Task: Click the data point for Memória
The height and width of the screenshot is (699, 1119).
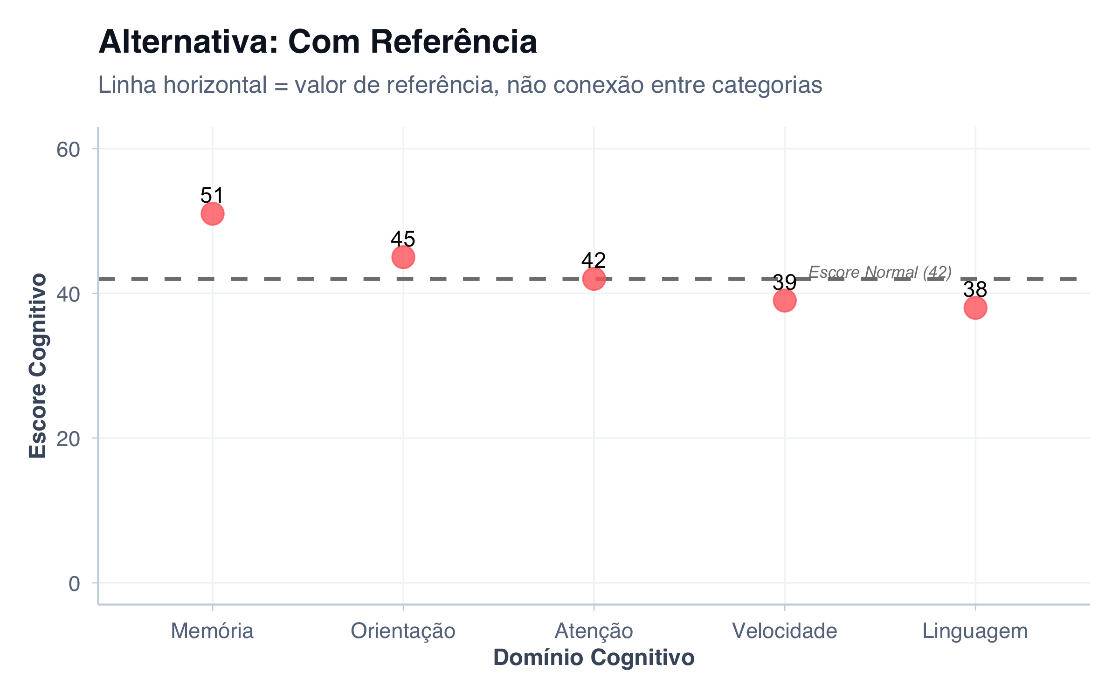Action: click(x=213, y=214)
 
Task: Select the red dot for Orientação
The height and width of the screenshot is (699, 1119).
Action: click(x=403, y=257)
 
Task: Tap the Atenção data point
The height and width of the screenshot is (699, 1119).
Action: click(x=594, y=279)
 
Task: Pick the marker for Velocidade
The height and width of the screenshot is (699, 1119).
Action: click(x=785, y=301)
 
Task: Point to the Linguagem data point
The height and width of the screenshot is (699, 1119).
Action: click(x=975, y=308)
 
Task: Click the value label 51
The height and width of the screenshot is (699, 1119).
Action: click(x=213, y=195)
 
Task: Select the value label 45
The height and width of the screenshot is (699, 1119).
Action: click(x=403, y=239)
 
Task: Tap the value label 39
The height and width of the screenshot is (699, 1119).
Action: click(x=785, y=282)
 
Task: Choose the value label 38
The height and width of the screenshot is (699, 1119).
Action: click(x=975, y=289)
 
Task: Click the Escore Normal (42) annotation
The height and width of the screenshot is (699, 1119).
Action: click(x=880, y=272)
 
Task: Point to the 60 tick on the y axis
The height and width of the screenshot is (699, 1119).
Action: click(x=68, y=150)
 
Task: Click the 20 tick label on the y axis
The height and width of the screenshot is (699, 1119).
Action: click(x=68, y=439)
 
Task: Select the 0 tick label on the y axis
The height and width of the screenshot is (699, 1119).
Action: click(x=74, y=584)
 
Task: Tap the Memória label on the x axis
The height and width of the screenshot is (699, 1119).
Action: click(x=213, y=631)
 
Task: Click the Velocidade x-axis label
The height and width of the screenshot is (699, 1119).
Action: click(x=785, y=631)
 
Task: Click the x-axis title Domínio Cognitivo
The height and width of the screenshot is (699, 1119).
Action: click(x=594, y=658)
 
